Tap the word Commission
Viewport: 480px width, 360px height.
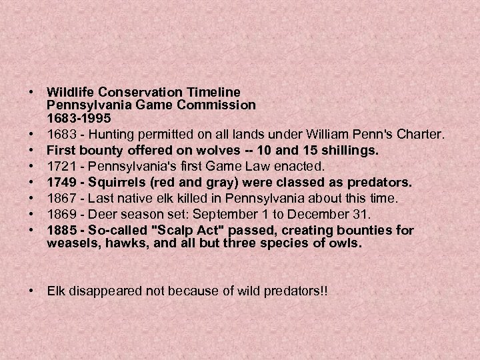(x=221, y=104)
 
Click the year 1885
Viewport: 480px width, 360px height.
(x=60, y=231)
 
